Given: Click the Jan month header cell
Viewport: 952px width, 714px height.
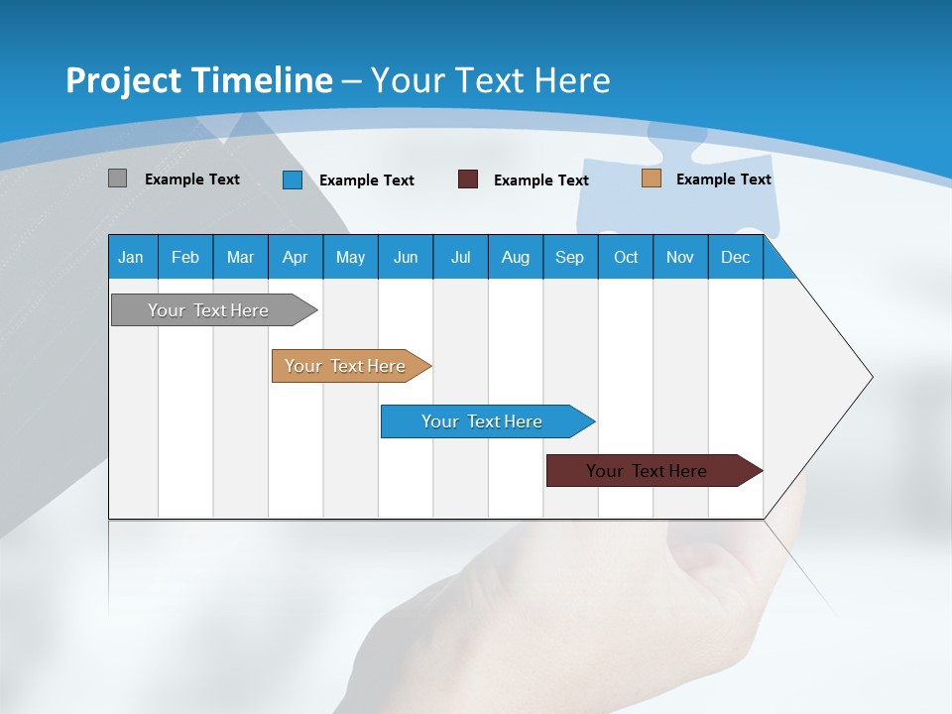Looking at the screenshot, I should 131,257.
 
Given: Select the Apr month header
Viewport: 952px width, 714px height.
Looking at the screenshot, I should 295,257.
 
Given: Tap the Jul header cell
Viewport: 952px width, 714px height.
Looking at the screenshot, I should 460,257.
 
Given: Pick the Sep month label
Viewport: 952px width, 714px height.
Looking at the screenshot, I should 569,257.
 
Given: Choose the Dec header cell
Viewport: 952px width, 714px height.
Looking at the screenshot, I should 735,257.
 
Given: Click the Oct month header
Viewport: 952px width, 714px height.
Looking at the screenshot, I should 625,257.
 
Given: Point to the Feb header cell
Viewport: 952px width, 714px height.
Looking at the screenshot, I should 185,257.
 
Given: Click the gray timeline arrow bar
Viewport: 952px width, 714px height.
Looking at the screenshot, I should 208,310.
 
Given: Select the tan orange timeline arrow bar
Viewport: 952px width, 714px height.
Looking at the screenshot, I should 345,366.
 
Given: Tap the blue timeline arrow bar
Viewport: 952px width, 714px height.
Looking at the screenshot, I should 482,421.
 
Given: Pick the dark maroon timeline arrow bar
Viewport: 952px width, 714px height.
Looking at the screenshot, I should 647,471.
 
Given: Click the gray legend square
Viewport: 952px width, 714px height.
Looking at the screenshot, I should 117,178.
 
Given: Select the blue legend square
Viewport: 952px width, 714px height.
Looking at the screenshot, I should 292,179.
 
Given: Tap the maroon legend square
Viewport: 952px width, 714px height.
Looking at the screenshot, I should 467,179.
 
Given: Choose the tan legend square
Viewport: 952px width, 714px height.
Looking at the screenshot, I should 651,178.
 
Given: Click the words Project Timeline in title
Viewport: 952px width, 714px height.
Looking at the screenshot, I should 198,79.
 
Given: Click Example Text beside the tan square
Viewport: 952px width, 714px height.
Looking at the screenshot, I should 723,178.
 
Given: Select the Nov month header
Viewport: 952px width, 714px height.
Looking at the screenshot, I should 679,257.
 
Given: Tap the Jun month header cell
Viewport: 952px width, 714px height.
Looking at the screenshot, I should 405,257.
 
